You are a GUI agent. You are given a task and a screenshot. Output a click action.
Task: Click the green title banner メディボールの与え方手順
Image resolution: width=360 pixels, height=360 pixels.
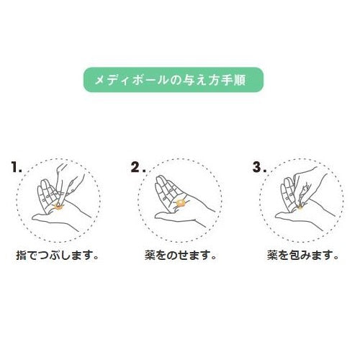(x=174, y=80)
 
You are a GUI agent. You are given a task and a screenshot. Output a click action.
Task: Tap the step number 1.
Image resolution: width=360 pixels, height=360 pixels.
(x=17, y=167)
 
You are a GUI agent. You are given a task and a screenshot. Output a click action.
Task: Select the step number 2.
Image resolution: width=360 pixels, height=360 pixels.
(x=138, y=167)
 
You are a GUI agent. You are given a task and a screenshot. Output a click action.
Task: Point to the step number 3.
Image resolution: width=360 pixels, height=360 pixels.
(x=259, y=167)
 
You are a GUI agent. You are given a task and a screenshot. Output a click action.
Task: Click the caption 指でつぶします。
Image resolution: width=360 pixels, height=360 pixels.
(x=57, y=255)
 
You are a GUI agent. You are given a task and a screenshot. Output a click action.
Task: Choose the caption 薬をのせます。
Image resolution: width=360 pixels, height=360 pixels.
(x=181, y=255)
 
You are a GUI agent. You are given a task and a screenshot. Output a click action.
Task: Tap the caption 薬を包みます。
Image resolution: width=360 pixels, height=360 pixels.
(x=302, y=255)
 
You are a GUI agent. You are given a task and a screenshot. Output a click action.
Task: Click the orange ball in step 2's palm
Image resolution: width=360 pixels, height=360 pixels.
(x=180, y=203)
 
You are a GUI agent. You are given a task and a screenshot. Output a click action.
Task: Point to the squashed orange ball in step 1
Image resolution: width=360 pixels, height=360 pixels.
(x=58, y=206)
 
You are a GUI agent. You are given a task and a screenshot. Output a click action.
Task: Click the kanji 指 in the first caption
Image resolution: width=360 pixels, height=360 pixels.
(x=21, y=255)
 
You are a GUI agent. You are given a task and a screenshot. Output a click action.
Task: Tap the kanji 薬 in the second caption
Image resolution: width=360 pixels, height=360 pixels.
(x=150, y=255)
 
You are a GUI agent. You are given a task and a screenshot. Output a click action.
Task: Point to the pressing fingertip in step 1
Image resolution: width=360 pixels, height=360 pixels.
(x=58, y=202)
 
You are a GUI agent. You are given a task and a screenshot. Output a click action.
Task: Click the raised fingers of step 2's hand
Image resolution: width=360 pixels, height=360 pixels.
(x=166, y=189)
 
